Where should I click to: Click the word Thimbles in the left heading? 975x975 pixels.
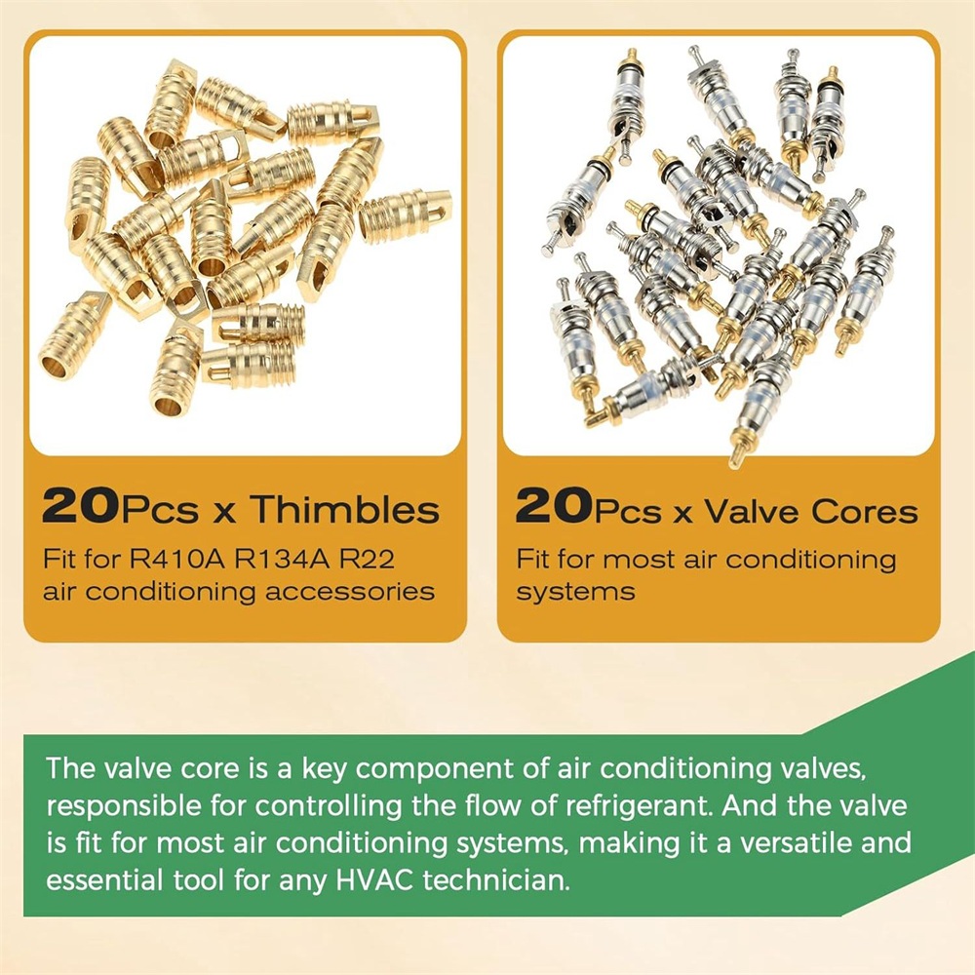point(345,509)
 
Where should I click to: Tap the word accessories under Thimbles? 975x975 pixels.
point(350,592)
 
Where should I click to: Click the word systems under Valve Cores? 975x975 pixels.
point(576,592)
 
